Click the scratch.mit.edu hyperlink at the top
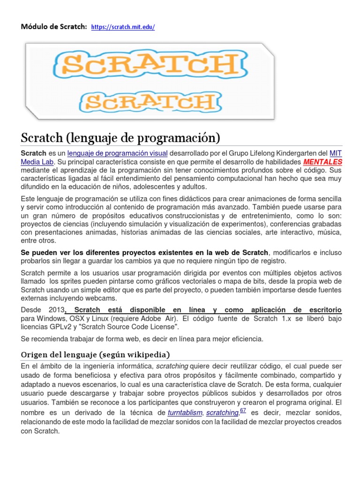click(x=123, y=27)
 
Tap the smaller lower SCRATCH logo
click(x=149, y=101)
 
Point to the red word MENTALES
click(x=323, y=162)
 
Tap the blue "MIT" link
click(x=336, y=153)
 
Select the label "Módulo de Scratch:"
click(x=53, y=27)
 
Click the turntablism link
click(x=185, y=412)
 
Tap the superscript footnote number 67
click(x=243, y=411)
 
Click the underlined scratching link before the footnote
click(x=222, y=412)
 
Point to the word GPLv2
click(x=59, y=327)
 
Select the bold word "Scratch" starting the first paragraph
click(x=33, y=153)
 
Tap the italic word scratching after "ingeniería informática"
click(x=172, y=366)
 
